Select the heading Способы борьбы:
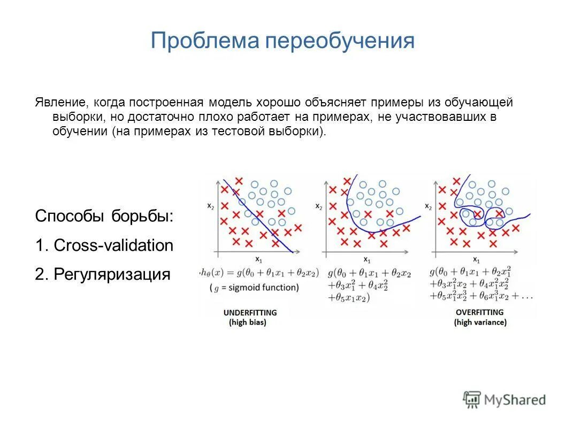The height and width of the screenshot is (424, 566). (104, 217)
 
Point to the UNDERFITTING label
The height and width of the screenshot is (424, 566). (250, 312)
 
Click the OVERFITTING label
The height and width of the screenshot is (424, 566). (480, 312)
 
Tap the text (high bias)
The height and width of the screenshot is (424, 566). (248, 322)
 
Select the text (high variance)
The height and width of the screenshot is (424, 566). (480, 322)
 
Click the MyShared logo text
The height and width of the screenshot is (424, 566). (515, 399)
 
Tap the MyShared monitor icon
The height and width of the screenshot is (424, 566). (472, 399)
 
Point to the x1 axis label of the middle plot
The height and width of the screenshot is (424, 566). (366, 259)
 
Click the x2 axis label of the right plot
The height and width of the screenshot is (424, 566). (428, 205)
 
